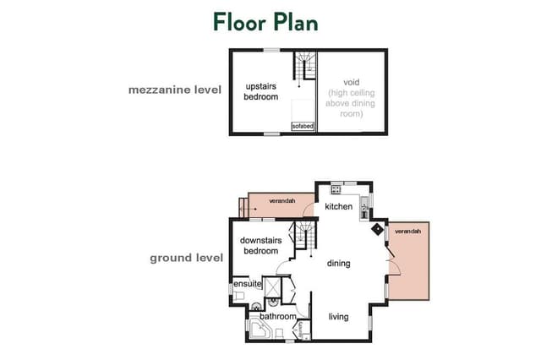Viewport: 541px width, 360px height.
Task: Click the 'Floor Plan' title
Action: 265,23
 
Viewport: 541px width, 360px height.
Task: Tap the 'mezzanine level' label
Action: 175,90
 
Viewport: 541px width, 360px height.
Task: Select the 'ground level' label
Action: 186,258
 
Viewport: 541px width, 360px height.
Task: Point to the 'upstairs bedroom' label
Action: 261,91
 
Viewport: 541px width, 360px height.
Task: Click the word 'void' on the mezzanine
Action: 352,82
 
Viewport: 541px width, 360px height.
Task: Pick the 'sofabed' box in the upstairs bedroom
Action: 303,126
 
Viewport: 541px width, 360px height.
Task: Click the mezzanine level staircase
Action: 305,65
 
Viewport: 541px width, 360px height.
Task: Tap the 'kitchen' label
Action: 338,206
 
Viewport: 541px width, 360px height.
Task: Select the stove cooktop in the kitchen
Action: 336,189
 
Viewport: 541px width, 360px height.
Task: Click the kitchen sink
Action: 364,207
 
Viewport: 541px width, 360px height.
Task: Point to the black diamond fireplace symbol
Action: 378,229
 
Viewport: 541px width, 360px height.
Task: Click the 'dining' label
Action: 338,264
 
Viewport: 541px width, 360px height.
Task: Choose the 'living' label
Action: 338,317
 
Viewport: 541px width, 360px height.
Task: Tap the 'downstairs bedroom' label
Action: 261,246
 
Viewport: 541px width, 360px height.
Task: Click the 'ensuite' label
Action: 248,284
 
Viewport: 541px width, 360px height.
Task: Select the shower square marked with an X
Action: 272,286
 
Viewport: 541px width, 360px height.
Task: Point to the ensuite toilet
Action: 238,296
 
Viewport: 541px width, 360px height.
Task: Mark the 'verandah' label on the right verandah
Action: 407,231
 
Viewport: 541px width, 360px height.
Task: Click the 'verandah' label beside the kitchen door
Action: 282,200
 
